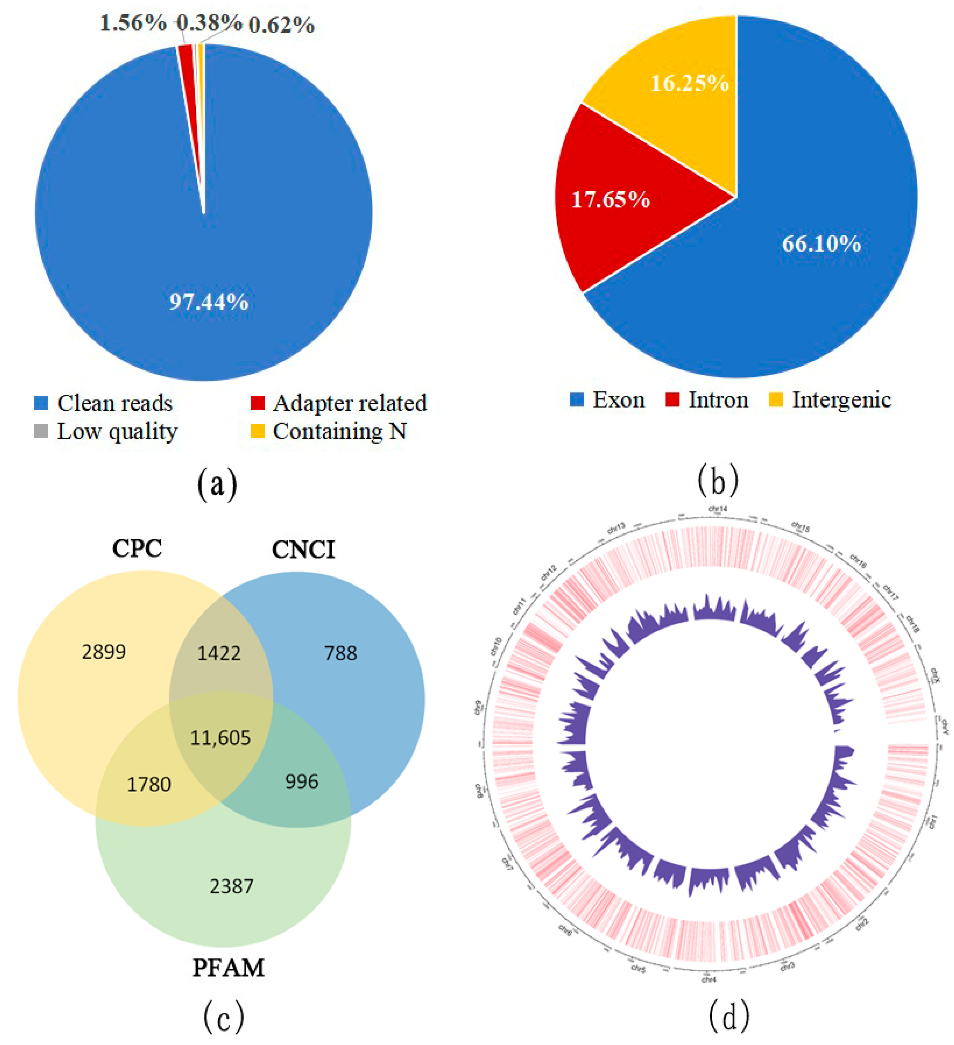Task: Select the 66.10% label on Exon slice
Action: point(821,244)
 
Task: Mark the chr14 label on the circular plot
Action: point(718,509)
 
